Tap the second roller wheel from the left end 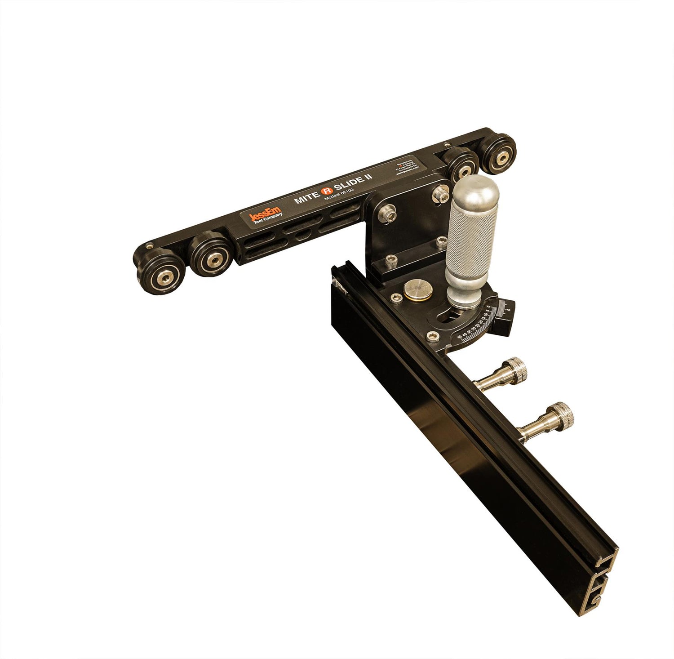(210, 254)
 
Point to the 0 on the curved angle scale (508, 310)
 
